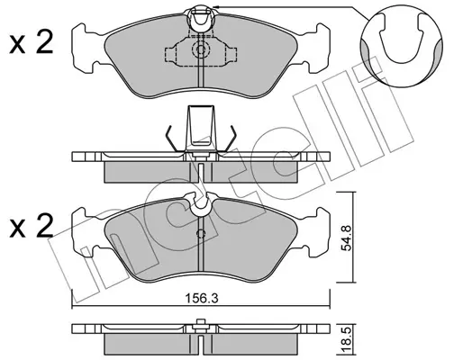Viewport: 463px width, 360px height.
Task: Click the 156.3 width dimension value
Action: coord(201,299)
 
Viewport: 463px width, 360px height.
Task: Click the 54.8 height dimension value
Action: coord(347,238)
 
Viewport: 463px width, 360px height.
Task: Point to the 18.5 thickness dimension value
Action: coord(347,340)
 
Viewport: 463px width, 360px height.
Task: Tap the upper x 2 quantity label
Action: coord(32,42)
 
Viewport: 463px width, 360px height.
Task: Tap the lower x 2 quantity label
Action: coord(32,225)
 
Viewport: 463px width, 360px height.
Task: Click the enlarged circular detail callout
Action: coord(402,46)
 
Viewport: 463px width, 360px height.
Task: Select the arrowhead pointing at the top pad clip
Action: coord(215,6)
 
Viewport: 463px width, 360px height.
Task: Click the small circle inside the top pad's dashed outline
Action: coord(200,49)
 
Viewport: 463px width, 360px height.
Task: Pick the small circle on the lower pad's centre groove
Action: coord(201,233)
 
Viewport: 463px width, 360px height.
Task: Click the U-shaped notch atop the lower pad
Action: coord(201,204)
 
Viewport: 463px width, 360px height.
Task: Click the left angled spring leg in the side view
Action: coord(173,139)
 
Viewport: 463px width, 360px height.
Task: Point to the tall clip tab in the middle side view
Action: coord(201,129)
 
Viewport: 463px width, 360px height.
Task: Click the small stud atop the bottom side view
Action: coord(201,322)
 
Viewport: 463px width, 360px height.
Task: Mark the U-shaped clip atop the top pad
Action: coord(201,19)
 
